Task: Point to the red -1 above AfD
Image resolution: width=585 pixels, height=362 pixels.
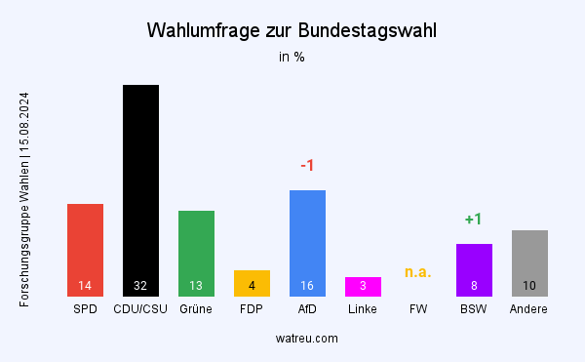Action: click(x=307, y=166)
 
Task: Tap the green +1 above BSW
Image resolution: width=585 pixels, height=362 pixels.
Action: click(x=474, y=220)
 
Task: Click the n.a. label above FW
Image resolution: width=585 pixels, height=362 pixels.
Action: click(x=418, y=272)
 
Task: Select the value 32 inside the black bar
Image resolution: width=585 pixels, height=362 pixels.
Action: click(x=140, y=286)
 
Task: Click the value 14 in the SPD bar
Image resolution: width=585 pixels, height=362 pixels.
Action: click(x=85, y=286)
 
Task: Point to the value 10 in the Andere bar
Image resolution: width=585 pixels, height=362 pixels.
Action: click(x=529, y=286)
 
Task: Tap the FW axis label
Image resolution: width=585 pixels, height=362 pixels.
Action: click(x=418, y=309)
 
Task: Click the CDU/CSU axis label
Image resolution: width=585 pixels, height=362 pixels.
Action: click(x=140, y=309)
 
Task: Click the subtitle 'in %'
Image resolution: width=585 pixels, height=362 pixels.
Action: click(x=292, y=57)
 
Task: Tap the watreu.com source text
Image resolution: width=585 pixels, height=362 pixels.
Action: click(x=292, y=338)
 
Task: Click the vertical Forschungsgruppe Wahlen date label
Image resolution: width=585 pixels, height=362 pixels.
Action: click(x=24, y=200)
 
